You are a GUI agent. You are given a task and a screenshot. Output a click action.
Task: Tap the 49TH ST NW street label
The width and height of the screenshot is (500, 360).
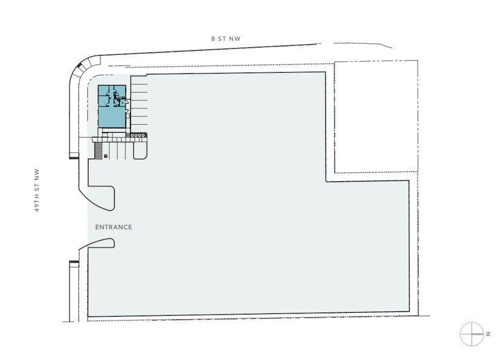(x=37, y=190)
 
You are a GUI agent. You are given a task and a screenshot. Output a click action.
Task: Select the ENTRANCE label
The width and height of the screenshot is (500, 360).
(x=114, y=227)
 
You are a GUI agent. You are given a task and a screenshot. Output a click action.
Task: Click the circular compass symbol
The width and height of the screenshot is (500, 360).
(x=471, y=334)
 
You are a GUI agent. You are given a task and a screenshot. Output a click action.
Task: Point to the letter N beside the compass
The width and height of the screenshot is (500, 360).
(x=489, y=334)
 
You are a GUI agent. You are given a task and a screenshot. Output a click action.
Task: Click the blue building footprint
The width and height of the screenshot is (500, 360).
(x=112, y=107)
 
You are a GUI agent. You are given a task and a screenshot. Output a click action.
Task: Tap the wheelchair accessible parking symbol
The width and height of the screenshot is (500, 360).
(x=105, y=156)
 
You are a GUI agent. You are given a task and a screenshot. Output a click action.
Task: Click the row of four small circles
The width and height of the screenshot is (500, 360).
(x=139, y=135)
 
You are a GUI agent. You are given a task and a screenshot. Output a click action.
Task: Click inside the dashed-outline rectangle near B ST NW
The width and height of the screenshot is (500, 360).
(x=375, y=116)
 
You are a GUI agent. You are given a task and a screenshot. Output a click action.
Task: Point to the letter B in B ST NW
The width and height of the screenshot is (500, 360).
(x=213, y=39)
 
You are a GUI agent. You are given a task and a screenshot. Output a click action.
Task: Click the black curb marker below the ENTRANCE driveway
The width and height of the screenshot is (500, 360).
(x=74, y=263)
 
